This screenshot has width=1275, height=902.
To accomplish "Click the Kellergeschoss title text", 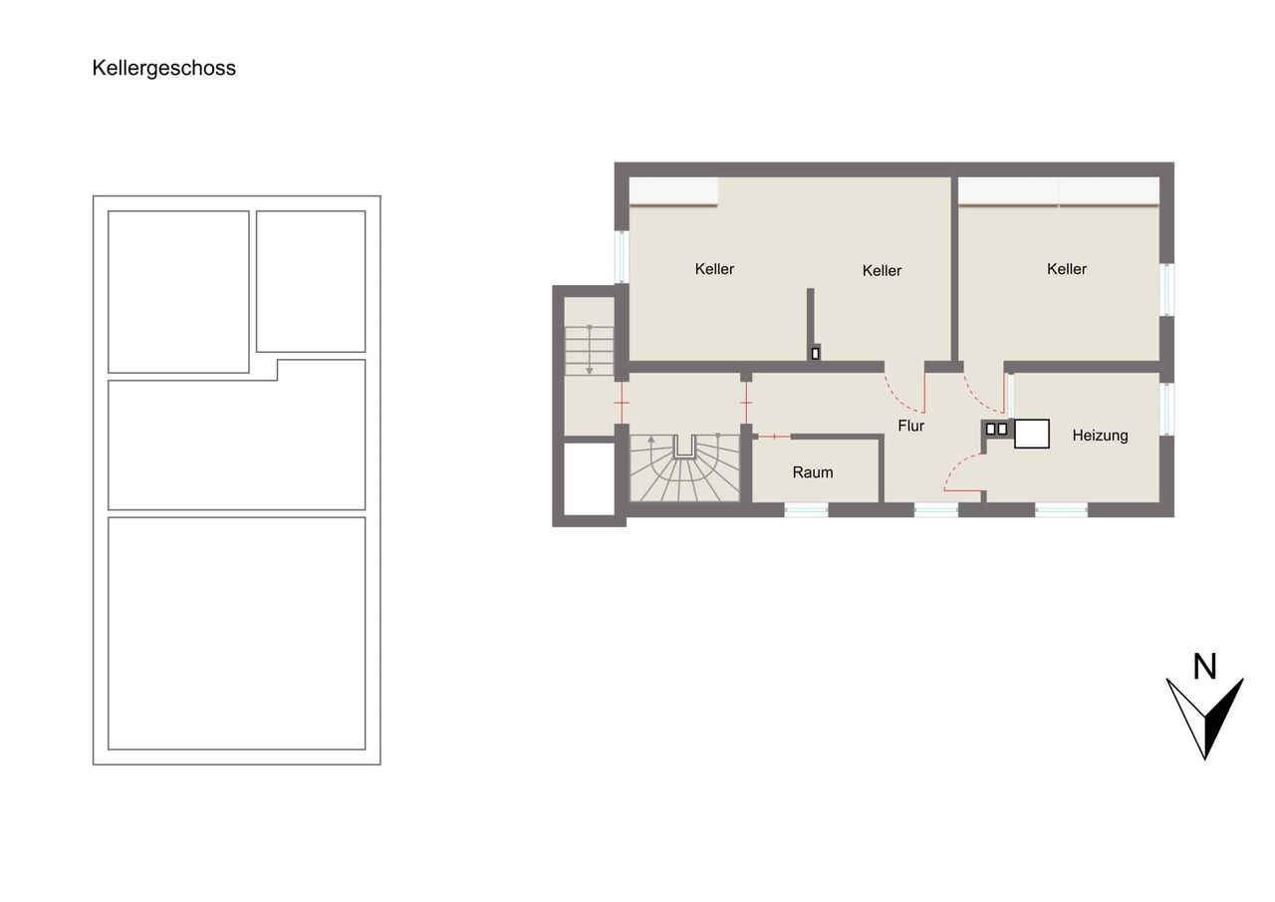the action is coord(164,69).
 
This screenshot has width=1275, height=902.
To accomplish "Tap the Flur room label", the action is coord(910,426).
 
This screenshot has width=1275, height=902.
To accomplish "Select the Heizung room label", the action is coord(1100,436).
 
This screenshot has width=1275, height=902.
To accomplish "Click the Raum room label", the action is coord(812,472).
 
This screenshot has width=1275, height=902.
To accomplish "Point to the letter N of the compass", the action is coord(1204,666).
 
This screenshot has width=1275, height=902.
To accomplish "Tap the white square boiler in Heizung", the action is coord(1031,434).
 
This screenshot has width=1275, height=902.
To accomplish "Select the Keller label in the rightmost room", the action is coord(1066,269).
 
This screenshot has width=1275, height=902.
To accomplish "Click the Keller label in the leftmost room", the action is coord(714,269).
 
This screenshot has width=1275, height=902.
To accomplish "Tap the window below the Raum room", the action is coord(806,509).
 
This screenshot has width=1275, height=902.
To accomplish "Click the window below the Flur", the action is coord(935,509).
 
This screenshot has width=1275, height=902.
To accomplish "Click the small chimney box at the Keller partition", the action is coord(815,353).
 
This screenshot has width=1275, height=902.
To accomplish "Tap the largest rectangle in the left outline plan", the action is coord(236,633).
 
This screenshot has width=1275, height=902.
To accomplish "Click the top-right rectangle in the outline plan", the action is coord(311,281).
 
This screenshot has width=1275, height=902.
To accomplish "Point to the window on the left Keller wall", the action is coord(622,257).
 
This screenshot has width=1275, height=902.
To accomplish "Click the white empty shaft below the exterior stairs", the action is coord(589,478).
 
